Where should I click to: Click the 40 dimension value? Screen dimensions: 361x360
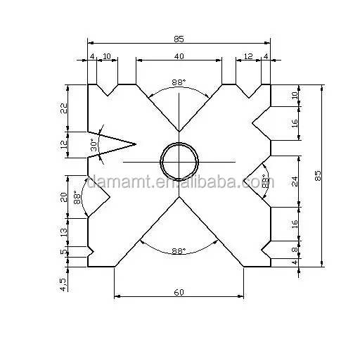click(x=179, y=56)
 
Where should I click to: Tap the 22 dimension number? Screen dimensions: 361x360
click(x=63, y=108)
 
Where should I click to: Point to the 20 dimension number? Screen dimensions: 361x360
click(x=63, y=197)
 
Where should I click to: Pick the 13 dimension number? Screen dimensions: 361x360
click(x=63, y=230)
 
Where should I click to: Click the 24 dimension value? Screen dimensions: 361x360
click(x=295, y=181)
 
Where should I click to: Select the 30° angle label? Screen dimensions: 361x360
click(x=94, y=145)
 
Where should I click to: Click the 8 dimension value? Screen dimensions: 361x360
click(x=295, y=248)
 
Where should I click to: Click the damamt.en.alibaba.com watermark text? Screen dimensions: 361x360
click(x=179, y=184)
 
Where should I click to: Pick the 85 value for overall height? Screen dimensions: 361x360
click(x=319, y=176)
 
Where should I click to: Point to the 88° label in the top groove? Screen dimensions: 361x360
click(x=179, y=82)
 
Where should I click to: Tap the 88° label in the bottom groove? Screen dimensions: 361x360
click(x=179, y=250)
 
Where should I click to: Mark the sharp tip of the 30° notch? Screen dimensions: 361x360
click(x=134, y=144)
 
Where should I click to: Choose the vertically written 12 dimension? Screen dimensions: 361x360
click(x=63, y=144)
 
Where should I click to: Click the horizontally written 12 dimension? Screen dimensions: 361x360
click(x=247, y=56)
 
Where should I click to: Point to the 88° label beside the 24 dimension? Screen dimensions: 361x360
click(x=265, y=181)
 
